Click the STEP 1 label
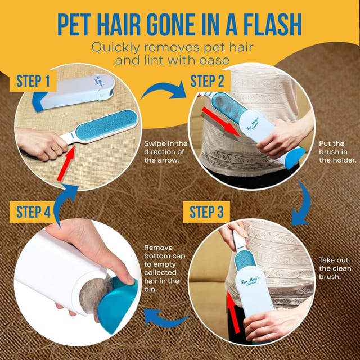tap(33, 81)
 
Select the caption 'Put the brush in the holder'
tap(336, 152)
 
